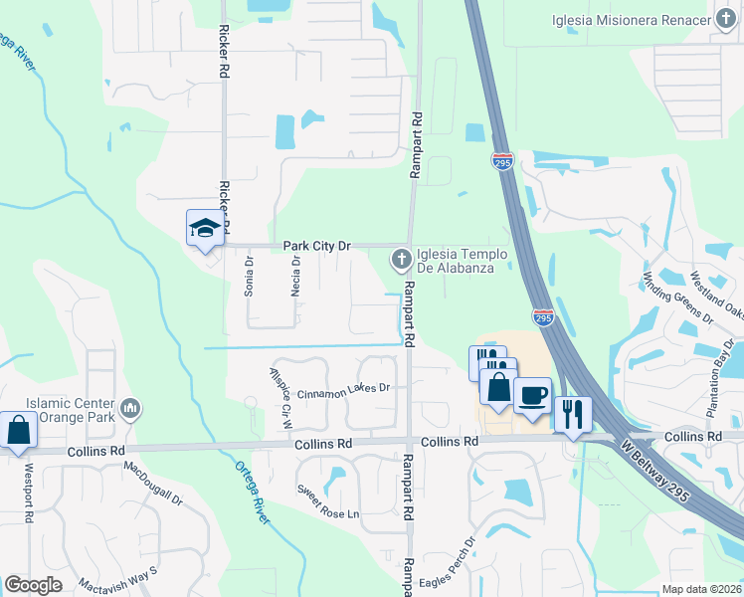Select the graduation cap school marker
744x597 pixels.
pos(205,229)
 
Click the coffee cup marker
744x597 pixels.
pos(531,396)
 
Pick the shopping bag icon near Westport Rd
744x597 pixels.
pos(18,431)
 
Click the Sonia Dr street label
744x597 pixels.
pos(250,278)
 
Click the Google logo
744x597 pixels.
pos(34,585)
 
